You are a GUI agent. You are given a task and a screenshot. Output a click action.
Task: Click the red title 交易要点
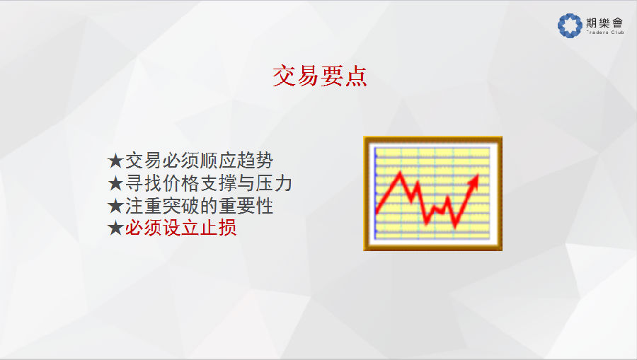coord(320,76)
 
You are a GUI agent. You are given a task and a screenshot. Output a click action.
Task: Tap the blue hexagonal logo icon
coord(570,25)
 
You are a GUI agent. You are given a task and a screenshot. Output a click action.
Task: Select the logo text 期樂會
coord(604,23)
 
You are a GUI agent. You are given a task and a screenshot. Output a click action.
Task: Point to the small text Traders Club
coord(605,32)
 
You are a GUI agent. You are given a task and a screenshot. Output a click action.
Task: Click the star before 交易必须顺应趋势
coord(115,161)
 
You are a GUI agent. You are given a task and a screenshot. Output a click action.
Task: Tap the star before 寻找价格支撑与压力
coord(115,184)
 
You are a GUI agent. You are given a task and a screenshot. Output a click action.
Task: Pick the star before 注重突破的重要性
coord(115,207)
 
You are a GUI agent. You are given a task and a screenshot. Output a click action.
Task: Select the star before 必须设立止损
coord(115,228)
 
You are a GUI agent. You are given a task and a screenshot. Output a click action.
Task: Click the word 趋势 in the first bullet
coord(255,161)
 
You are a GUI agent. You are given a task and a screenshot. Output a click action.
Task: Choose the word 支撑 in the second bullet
coord(218,183)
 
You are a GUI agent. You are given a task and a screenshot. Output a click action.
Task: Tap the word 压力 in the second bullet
coord(274,183)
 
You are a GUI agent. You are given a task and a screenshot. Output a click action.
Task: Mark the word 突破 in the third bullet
coord(180,206)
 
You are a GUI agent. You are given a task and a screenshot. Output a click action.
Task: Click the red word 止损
coord(218,228)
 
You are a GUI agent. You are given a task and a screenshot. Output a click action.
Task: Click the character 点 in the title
coord(356,76)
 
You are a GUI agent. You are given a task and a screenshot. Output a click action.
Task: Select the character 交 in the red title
coord(284,76)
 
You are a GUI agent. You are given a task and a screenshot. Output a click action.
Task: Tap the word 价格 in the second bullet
coord(180,183)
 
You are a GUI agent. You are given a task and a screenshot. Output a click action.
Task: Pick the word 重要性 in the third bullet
coord(246,206)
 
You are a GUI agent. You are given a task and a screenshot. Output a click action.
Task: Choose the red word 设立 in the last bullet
coord(180,228)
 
